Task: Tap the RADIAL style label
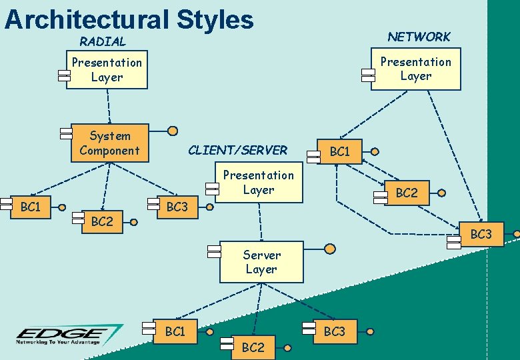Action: (103, 41)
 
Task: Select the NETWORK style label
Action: (419, 37)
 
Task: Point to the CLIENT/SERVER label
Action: (238, 150)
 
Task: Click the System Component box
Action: (110, 143)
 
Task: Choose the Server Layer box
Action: (261, 262)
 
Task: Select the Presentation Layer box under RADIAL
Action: (107, 70)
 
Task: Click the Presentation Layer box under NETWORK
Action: (415, 69)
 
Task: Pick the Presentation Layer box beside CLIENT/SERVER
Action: (259, 183)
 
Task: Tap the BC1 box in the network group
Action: (340, 151)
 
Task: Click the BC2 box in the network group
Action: (407, 193)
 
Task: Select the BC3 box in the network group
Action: (481, 235)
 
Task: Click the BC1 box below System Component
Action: (31, 207)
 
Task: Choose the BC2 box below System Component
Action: (102, 222)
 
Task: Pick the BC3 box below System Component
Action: (177, 207)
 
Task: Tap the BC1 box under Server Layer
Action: (175, 331)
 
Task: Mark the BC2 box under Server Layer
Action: (253, 347)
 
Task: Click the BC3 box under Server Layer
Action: (335, 331)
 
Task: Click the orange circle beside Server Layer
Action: (330, 249)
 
